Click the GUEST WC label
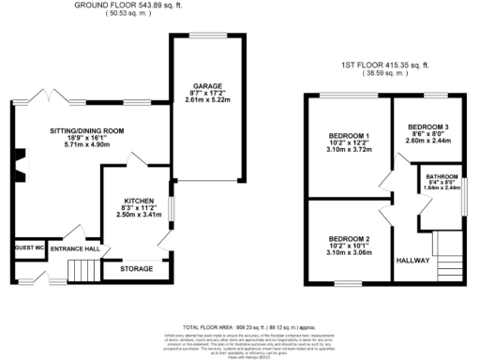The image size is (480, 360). [x=28, y=248]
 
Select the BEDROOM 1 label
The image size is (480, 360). [x=345, y=137]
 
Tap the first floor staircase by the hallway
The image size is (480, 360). [x=448, y=266]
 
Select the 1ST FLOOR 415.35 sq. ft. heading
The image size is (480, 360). [x=384, y=66]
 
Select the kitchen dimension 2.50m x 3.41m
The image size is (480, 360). [x=138, y=214]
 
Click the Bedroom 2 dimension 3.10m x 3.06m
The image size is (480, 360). [x=345, y=251]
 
